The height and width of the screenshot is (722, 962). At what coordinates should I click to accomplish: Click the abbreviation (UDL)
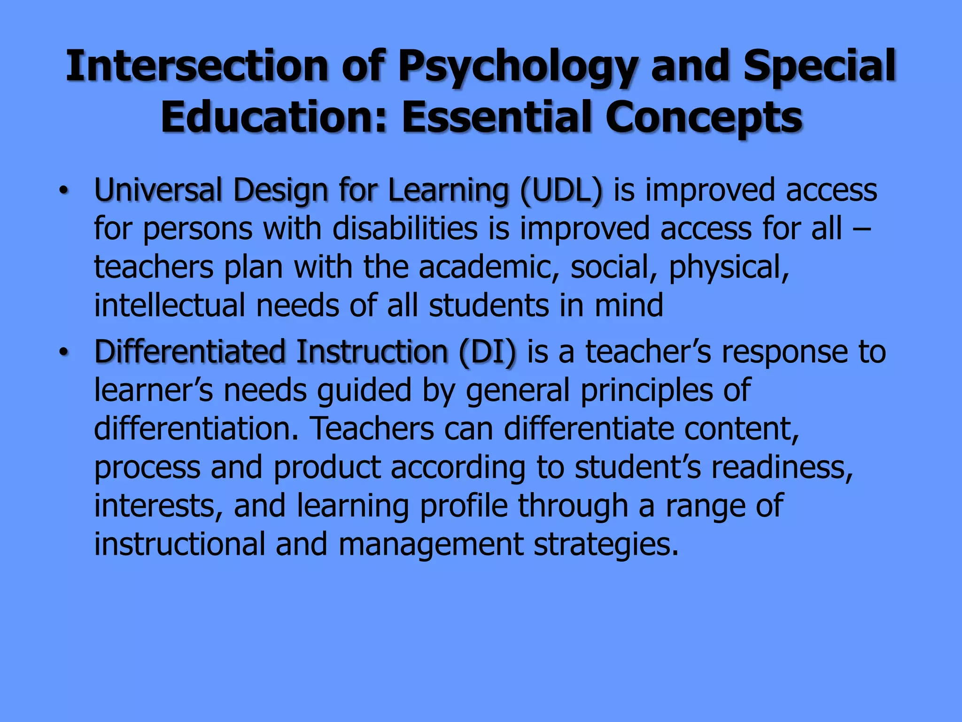coord(561,191)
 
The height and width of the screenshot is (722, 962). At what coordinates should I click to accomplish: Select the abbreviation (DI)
coord(487,352)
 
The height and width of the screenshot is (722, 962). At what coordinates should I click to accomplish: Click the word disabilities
coord(405,228)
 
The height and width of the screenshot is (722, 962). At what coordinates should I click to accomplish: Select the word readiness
coord(782,467)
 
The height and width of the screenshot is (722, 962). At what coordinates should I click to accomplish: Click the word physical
coord(729,267)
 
